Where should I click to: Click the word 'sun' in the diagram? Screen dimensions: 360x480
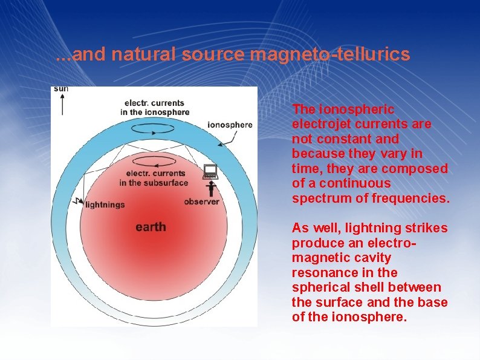60,88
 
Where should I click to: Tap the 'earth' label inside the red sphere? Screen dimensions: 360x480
151,227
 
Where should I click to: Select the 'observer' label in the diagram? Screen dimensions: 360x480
201,201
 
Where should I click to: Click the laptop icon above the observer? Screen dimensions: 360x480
210,171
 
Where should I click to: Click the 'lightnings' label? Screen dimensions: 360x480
105,205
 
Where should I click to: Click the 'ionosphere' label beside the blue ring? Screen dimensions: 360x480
230,125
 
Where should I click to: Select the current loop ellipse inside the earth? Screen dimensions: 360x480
155,161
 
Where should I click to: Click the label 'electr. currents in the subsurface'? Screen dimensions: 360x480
154,178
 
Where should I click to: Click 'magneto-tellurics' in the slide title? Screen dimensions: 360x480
329,54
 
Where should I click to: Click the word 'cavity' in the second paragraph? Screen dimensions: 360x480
372,258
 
